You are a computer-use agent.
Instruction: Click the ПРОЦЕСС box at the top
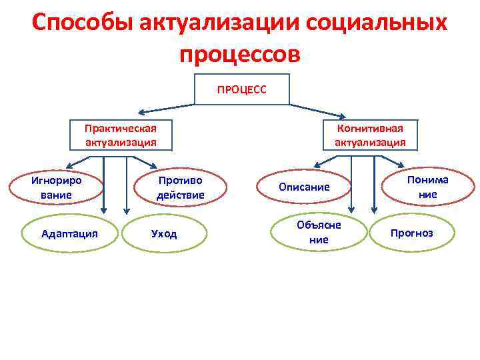[x=241, y=89]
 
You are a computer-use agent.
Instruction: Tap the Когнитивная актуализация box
[x=370, y=135]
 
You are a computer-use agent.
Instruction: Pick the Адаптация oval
[x=69, y=233]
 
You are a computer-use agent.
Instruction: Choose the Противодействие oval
[x=180, y=187]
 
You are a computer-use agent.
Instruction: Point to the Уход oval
[x=165, y=234]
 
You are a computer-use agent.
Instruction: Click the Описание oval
[x=304, y=187]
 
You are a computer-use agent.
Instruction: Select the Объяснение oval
[x=319, y=232]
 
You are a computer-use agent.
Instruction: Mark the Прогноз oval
[x=411, y=233]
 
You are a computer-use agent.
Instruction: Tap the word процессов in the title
[x=240, y=53]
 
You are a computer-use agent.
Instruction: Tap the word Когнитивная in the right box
[x=370, y=128]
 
